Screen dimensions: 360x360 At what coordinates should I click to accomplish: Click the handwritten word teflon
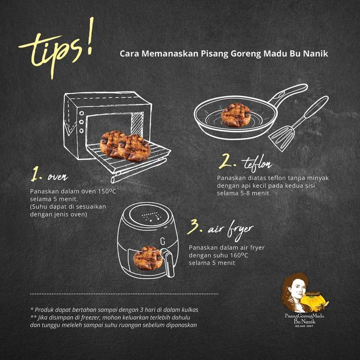[x=256, y=164]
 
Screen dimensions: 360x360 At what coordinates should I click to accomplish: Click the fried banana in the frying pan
[x=236, y=114]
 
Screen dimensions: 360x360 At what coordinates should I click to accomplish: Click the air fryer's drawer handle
[x=167, y=260]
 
